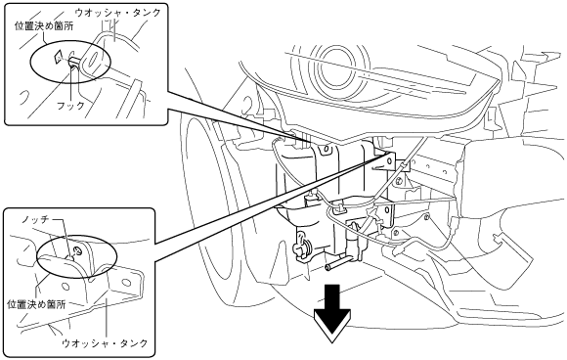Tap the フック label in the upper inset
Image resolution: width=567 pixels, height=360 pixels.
[x=70, y=106]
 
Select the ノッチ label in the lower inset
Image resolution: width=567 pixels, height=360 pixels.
[x=35, y=219]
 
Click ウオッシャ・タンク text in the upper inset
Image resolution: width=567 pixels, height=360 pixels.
[x=118, y=13]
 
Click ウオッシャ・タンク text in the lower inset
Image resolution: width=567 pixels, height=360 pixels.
[x=106, y=342]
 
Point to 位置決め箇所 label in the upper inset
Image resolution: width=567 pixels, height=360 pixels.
[x=44, y=26]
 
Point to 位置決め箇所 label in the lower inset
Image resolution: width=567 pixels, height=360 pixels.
[x=36, y=304]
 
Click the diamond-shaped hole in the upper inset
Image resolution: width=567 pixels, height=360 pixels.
[x=57, y=57]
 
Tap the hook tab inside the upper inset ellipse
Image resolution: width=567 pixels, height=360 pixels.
[x=73, y=62]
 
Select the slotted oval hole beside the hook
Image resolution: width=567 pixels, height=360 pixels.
[x=92, y=59]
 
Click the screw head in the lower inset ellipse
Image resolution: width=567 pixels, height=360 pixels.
[x=78, y=250]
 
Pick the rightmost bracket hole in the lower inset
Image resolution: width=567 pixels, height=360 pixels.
[x=126, y=282]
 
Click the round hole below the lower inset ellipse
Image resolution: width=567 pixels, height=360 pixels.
[x=65, y=287]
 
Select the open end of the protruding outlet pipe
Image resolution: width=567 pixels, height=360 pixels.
[x=327, y=267]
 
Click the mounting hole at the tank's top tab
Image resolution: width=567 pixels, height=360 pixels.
[x=327, y=149]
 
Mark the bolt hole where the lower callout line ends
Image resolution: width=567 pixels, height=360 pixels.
[x=389, y=158]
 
